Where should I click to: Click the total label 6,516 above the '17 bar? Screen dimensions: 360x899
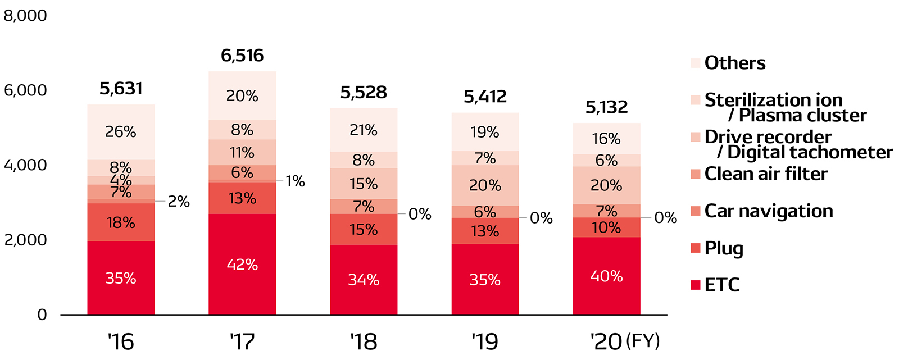(x=242, y=56)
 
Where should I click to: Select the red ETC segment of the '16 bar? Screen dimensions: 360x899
(x=121, y=277)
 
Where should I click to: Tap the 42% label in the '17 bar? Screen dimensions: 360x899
(x=242, y=265)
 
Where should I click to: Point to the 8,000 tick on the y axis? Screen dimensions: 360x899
(x=25, y=16)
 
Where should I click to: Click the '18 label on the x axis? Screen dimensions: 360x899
(x=364, y=341)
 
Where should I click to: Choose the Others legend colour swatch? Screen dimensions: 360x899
(x=696, y=63)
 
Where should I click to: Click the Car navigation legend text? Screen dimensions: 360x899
(x=769, y=211)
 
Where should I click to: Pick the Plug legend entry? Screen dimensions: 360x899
(x=724, y=248)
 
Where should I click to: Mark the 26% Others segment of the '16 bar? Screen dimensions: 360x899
(x=121, y=132)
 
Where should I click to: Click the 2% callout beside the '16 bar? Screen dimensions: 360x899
(x=179, y=202)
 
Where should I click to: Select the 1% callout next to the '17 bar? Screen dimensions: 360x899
(x=295, y=181)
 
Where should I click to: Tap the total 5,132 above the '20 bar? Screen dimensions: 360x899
(x=606, y=107)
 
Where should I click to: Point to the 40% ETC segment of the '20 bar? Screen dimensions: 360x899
(x=606, y=276)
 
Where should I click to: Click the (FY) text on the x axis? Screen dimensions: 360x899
(x=643, y=341)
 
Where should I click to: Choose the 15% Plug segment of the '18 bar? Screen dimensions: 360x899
(x=364, y=230)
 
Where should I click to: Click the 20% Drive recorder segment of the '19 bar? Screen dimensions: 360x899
(x=485, y=185)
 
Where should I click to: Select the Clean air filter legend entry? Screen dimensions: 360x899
(x=766, y=174)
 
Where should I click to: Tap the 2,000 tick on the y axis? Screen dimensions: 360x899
(x=25, y=240)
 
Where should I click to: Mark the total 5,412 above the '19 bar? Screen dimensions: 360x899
(x=485, y=97)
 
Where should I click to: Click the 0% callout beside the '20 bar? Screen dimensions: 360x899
(x=666, y=218)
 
